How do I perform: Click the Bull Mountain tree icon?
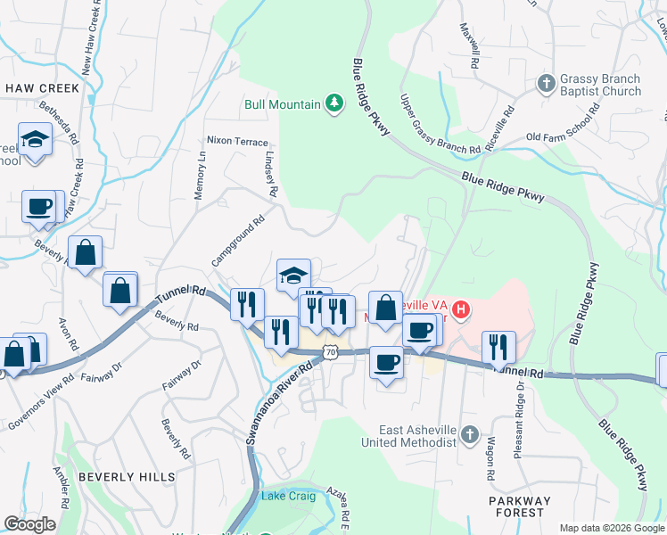334,104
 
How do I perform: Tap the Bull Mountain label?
283,104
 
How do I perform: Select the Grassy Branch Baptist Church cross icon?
546,85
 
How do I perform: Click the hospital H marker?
461,310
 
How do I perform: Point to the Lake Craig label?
288,496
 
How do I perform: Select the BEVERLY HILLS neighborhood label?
127,477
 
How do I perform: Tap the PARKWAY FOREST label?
521,506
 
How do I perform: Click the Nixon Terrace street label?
236,141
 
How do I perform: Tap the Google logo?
29,524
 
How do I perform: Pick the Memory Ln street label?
200,174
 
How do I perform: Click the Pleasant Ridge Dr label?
517,424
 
